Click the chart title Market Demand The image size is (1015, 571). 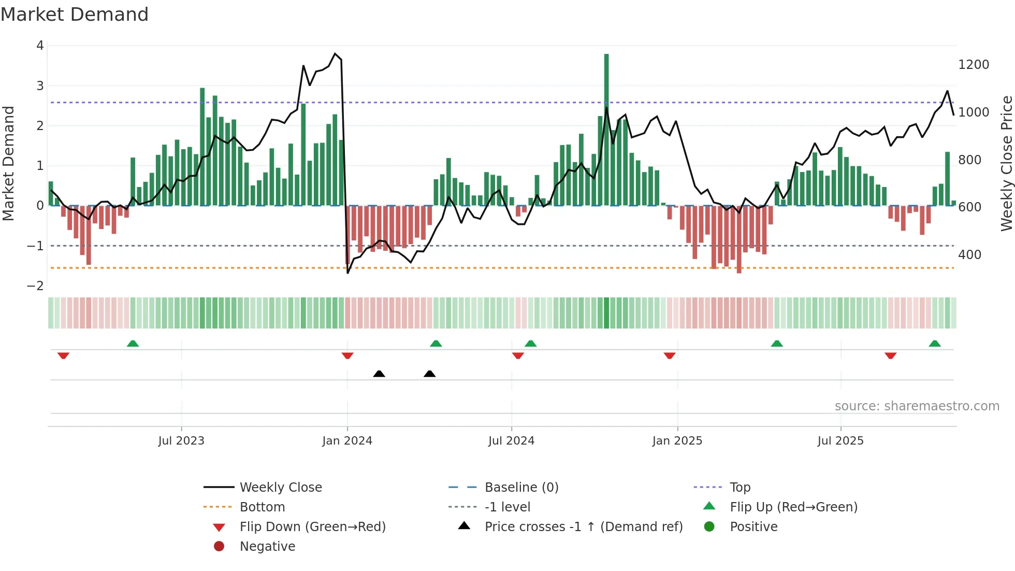(x=75, y=15)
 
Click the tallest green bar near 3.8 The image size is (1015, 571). (x=606, y=130)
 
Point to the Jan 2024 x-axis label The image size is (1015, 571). (x=347, y=441)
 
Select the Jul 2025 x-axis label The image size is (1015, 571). (x=840, y=441)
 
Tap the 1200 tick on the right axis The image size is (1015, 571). (x=974, y=65)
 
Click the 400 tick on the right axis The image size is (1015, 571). (x=969, y=255)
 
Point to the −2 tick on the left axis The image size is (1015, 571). (x=35, y=286)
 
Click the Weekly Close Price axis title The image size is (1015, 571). (x=1006, y=163)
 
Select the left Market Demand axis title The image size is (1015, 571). (x=8, y=163)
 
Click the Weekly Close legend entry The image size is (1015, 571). (x=280, y=488)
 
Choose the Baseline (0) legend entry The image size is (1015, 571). (x=521, y=488)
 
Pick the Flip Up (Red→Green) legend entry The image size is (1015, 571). (x=793, y=507)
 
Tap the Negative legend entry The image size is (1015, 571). (x=267, y=547)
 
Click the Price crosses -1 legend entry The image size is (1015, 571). (x=583, y=527)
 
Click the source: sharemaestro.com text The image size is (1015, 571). (x=917, y=406)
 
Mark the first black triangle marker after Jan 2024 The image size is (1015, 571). (x=379, y=374)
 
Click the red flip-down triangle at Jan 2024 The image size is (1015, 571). (x=347, y=355)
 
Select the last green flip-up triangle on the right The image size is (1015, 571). (x=935, y=344)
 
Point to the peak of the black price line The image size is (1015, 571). (x=335, y=53)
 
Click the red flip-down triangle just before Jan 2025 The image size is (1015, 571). (x=670, y=355)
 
